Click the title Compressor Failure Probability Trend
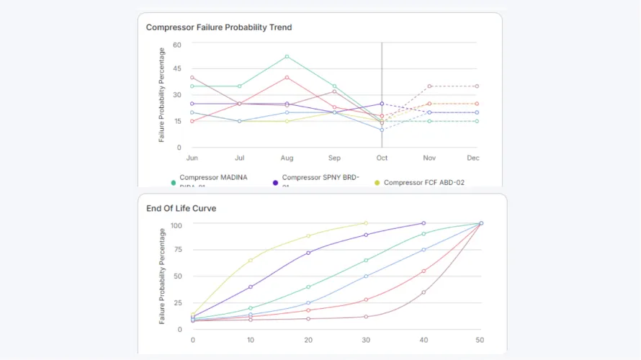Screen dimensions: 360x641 coord(219,27)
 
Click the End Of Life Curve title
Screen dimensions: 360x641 coord(181,208)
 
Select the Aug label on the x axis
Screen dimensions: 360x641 coord(287,158)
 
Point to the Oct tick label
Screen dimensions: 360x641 coord(382,158)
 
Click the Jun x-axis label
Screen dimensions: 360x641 coord(192,158)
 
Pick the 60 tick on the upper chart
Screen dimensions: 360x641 coord(176,45)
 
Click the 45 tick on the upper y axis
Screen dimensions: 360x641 coord(176,69)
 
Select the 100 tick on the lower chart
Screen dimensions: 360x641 coord(176,225)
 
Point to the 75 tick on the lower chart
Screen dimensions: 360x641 coord(177,250)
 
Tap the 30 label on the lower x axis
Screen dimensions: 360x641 coord(366,340)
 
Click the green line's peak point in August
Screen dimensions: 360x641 coord(287,56)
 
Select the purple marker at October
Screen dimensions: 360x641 coord(382,104)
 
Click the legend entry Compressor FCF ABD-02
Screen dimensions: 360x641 coord(423,183)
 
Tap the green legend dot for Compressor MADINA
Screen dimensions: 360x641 coord(174,183)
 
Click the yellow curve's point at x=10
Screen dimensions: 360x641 coord(251,260)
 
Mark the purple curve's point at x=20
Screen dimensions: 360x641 coord(308,253)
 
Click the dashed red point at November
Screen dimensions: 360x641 coord(429,86)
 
